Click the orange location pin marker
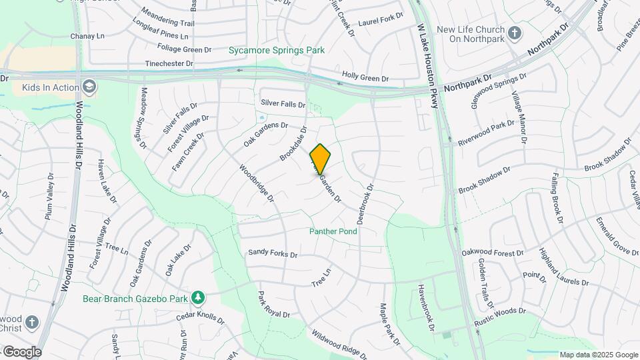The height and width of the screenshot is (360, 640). pyautogui.click(x=321, y=159)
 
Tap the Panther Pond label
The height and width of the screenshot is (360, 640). pyautogui.click(x=333, y=231)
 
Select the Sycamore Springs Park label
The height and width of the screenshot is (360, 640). pyautogui.click(x=277, y=50)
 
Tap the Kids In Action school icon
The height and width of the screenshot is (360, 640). pyautogui.click(x=89, y=87)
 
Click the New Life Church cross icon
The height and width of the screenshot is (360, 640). pyautogui.click(x=514, y=33)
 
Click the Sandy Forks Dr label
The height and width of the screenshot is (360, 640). pyautogui.click(x=273, y=253)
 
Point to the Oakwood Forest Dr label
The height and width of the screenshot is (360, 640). pyautogui.click(x=493, y=253)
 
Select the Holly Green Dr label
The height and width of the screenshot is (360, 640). pyautogui.click(x=365, y=77)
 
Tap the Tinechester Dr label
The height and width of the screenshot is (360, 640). pyautogui.click(x=169, y=64)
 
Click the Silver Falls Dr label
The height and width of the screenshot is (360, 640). pyautogui.click(x=283, y=104)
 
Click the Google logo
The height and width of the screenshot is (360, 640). pyautogui.click(x=22, y=351)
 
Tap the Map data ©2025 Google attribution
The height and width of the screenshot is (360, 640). pyautogui.click(x=598, y=355)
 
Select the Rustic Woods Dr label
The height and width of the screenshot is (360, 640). pyautogui.click(x=501, y=316)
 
